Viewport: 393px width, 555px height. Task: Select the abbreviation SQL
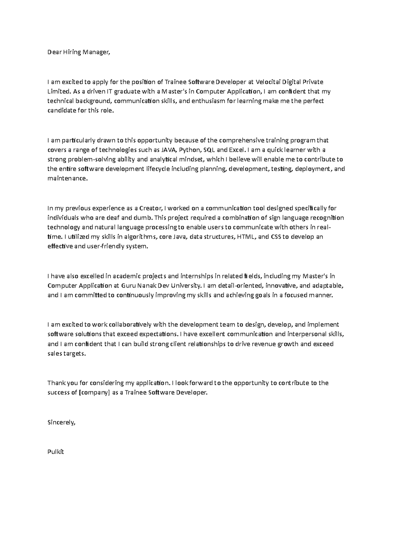tap(210, 150)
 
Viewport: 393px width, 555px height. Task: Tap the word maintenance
tap(67, 179)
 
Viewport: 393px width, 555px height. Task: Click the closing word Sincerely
tap(61, 422)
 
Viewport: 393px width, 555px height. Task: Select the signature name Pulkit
tap(55, 452)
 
